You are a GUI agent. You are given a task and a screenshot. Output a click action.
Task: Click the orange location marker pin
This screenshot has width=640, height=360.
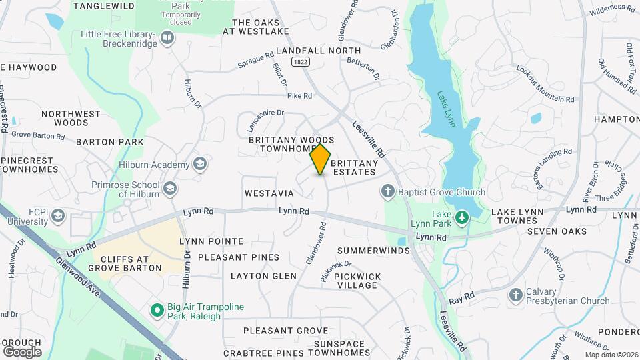coord(321,159)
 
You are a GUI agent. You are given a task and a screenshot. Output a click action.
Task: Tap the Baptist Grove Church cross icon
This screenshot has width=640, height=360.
coord(387,192)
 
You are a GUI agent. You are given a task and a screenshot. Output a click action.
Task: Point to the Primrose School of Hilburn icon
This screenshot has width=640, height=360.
coord(170,189)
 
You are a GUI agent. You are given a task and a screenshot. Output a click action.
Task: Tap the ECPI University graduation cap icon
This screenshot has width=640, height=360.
coord(58,215)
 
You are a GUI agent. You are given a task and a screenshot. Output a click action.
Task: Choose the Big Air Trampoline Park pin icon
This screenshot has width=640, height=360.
coord(157,310)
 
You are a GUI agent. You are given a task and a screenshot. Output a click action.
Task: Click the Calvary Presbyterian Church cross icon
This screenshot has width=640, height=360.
coord(515,295)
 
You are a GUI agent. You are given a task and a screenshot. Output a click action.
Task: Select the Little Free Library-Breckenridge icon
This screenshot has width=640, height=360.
coord(167,38)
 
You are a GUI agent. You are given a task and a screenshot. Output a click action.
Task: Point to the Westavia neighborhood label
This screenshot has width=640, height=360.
coord(269,193)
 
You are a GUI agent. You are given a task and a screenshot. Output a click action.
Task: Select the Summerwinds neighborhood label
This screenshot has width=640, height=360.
coord(373,251)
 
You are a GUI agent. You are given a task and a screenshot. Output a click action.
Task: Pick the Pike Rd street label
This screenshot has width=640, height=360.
coord(299,96)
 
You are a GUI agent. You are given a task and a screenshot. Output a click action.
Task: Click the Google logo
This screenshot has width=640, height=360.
coord(22,351)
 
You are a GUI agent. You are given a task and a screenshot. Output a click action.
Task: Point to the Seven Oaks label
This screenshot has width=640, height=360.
coord(557,231)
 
